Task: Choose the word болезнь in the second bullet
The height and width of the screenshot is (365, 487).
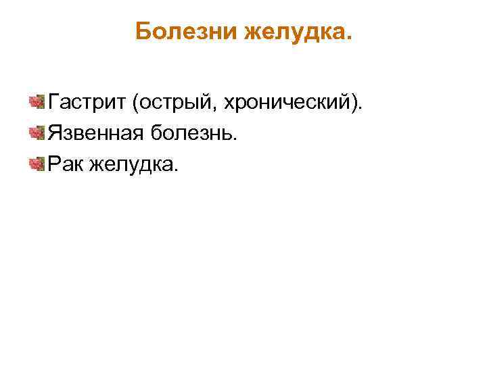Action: click(195, 133)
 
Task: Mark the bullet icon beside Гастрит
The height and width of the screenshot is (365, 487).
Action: click(37, 103)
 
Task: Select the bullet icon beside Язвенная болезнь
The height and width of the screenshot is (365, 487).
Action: click(37, 132)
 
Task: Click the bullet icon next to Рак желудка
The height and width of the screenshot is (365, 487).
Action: click(37, 162)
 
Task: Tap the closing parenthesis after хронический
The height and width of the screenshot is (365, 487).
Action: click(356, 103)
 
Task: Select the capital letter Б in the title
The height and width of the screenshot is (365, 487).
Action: click(142, 31)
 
